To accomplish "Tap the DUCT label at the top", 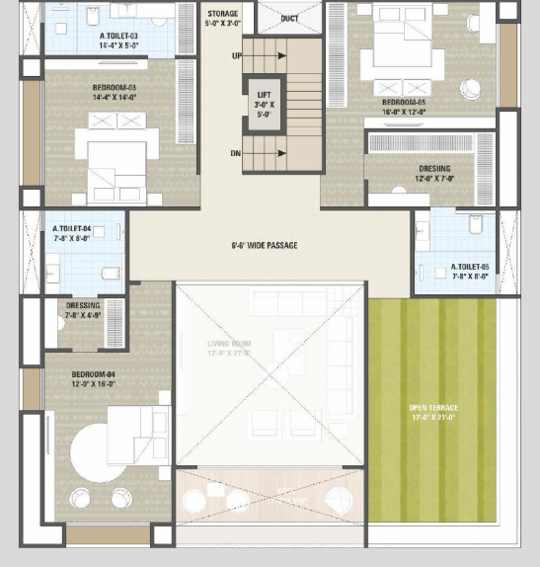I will pyautogui.click(x=289, y=19).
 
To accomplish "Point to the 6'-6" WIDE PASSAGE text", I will pyautogui.click(x=264, y=245).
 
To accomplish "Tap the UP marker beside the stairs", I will pyautogui.click(x=236, y=56).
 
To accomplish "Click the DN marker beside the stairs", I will pyautogui.click(x=236, y=154).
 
